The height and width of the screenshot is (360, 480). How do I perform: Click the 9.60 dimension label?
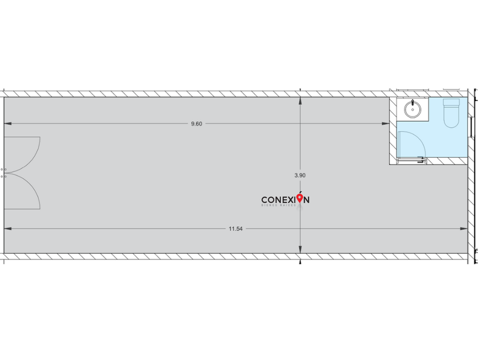pyautogui.click(x=197, y=123)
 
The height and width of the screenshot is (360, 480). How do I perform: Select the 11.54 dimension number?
pyautogui.click(x=235, y=229)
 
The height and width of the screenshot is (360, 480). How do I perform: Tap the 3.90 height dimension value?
pyautogui.click(x=300, y=176)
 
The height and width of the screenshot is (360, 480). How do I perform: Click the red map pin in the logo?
pyautogui.click(x=300, y=198)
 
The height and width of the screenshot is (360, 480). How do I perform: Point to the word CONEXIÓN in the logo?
pyautogui.click(x=285, y=200)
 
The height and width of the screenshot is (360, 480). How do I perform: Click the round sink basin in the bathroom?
pyautogui.click(x=412, y=108)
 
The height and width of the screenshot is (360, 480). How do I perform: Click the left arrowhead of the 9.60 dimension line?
pyautogui.click(x=8, y=123)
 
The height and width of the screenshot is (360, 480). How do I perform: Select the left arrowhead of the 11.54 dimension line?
pyautogui.click(x=8, y=229)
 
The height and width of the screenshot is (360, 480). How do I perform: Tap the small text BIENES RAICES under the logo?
pyautogui.click(x=280, y=205)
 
